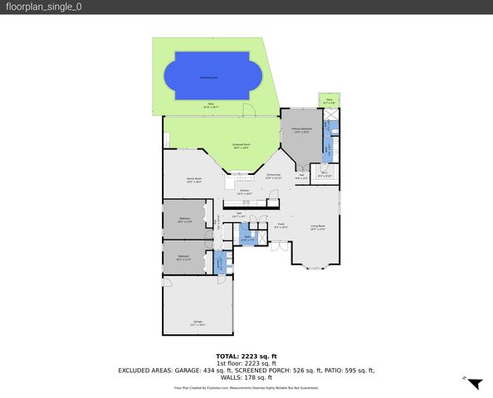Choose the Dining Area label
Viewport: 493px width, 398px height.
point(273,176)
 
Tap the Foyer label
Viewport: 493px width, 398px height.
point(281,226)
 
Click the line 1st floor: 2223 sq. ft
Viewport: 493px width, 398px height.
point(246,363)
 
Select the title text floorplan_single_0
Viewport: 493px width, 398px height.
point(46,7)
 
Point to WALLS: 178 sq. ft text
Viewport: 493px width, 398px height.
point(246,377)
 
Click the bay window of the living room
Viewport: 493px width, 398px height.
point(316,265)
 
